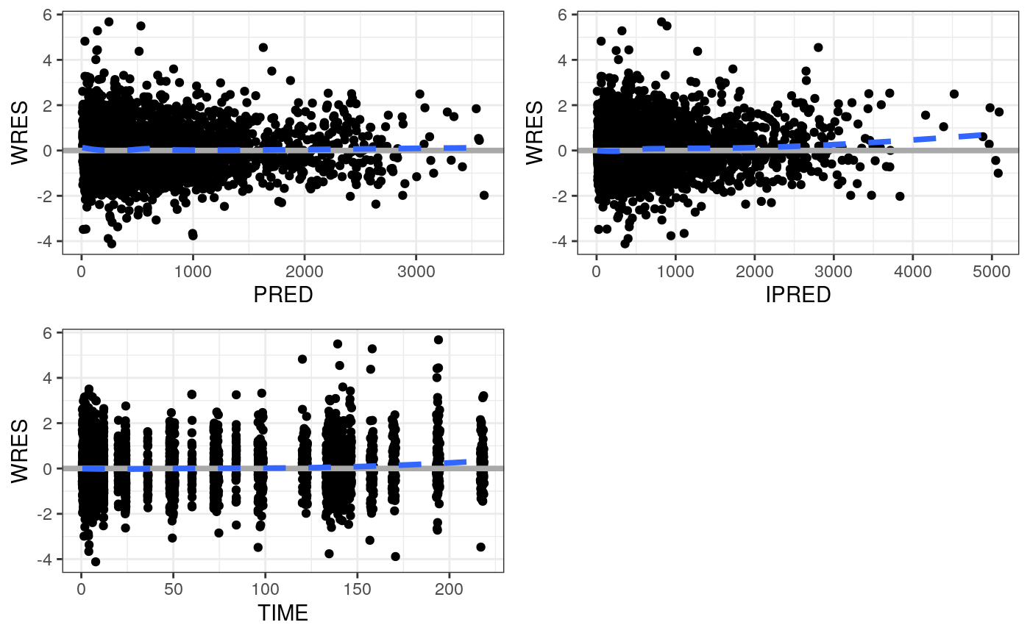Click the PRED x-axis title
[283, 295]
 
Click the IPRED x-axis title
[798, 295]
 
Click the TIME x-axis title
[283, 612]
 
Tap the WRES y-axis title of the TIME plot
[21, 451]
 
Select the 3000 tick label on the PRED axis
[416, 271]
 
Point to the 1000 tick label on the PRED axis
[193, 271]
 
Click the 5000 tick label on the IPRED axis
[992, 271]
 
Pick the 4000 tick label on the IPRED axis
[912, 271]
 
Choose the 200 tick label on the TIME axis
[449, 588]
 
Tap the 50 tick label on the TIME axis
[173, 588]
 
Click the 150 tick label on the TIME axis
[357, 588]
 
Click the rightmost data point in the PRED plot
[484, 195]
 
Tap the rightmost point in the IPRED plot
[999, 112]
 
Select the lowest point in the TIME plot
[96, 562]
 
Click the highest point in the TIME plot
[438, 340]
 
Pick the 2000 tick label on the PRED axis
[305, 271]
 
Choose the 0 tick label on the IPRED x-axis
[596, 271]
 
